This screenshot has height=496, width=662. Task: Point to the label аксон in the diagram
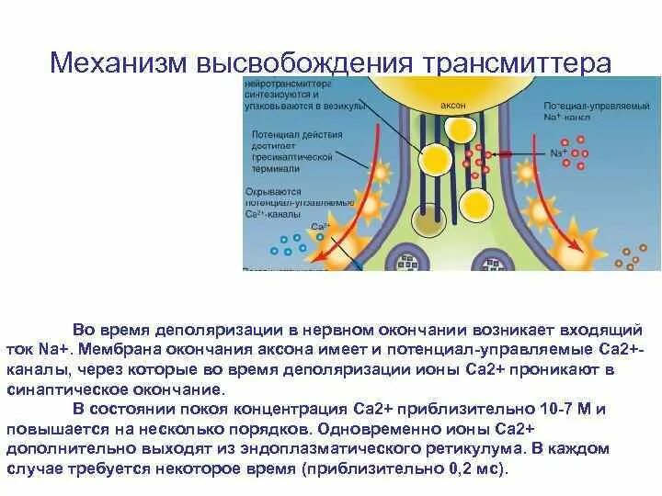453,106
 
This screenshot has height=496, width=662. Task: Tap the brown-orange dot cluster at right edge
633,256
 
